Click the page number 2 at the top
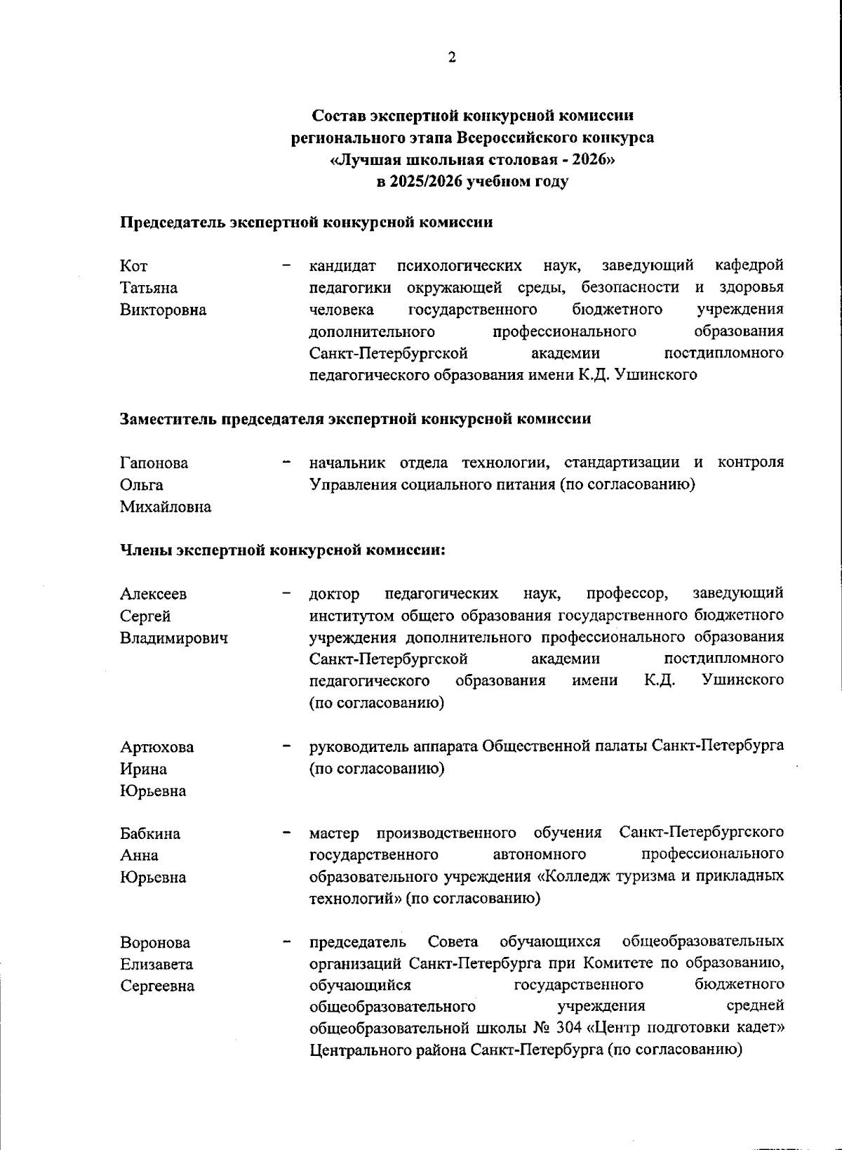click(x=452, y=58)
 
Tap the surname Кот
click(x=133, y=266)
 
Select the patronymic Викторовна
click(x=163, y=310)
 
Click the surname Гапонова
click(x=154, y=463)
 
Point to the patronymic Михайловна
click(x=165, y=507)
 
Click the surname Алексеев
click(x=153, y=594)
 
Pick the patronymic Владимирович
click(x=173, y=638)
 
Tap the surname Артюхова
click(x=156, y=747)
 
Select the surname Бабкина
click(x=149, y=834)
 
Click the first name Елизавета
click(x=156, y=964)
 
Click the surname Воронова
click(x=154, y=942)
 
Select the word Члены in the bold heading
click(x=145, y=550)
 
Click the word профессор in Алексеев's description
click(x=627, y=594)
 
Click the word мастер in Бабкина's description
click(x=334, y=833)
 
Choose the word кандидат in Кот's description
click(x=342, y=266)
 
